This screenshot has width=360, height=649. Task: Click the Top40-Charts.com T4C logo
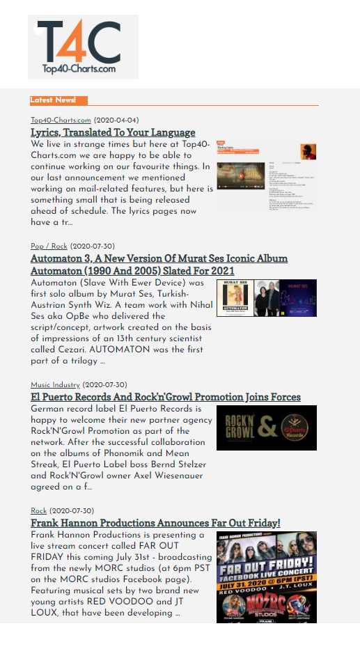tap(83, 47)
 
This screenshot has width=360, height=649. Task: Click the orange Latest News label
tap(53, 100)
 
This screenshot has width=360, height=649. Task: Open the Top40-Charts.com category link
tap(61, 120)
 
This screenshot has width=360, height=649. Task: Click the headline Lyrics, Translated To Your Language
tap(113, 132)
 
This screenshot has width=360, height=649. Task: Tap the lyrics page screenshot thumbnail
tap(266, 176)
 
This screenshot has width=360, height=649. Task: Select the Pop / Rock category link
tap(49, 246)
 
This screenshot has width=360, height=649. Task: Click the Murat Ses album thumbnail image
tap(266, 298)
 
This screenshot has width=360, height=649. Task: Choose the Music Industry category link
tap(55, 385)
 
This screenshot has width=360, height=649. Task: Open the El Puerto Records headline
tap(166, 397)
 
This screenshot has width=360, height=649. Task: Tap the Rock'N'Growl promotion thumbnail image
tap(266, 428)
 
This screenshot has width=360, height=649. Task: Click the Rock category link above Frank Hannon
tap(38, 511)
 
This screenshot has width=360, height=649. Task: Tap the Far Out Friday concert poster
tap(266, 577)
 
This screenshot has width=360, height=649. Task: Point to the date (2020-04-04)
tap(116, 120)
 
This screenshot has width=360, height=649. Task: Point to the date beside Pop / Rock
tap(93, 246)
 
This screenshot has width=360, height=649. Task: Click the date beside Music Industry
tap(104, 385)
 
